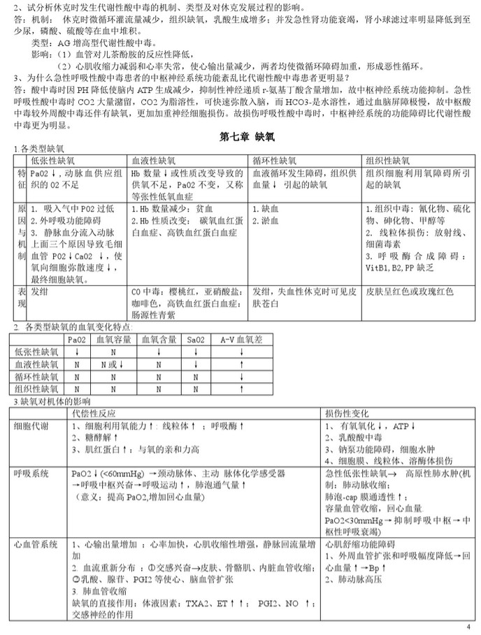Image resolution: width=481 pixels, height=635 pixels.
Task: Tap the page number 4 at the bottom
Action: point(468,625)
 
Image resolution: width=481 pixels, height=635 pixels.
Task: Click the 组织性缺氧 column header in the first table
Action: point(392,160)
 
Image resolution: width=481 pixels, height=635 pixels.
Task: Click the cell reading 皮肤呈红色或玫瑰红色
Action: point(410,290)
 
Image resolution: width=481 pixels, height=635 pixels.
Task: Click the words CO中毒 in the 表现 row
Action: point(145,290)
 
